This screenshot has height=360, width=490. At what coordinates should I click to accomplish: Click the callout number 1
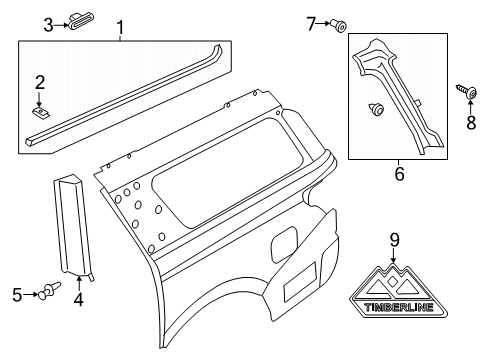click(x=120, y=27)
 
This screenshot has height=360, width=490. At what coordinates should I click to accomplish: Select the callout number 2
click(x=40, y=82)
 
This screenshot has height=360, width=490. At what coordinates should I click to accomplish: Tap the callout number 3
click(x=49, y=25)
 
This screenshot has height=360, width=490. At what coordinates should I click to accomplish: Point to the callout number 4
click(x=79, y=300)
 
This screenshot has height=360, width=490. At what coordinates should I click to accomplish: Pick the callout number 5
click(x=17, y=295)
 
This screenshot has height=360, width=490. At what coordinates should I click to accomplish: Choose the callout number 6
click(x=399, y=174)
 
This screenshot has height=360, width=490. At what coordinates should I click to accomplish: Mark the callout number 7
click(x=311, y=24)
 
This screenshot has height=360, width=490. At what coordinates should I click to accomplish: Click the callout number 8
click(x=471, y=123)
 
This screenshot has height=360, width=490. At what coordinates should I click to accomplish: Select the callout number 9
click(x=394, y=240)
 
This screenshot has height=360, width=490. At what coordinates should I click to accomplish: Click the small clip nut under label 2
click(x=41, y=112)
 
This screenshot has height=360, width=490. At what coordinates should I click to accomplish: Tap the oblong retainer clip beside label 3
click(x=81, y=21)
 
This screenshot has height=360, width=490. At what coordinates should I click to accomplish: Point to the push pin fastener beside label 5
click(x=50, y=290)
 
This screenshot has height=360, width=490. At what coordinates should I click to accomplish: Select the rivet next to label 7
click(x=339, y=25)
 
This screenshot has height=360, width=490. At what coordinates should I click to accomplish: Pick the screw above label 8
click(x=466, y=91)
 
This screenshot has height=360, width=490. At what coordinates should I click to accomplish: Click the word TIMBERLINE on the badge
click(x=399, y=307)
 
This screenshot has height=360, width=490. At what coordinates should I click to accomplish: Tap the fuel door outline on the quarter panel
click(x=283, y=244)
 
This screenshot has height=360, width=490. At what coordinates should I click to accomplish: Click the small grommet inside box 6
click(x=376, y=109)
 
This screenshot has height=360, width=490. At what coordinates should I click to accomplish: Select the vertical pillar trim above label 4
click(x=73, y=225)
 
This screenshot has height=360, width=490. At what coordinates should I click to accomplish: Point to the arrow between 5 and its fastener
click(x=31, y=294)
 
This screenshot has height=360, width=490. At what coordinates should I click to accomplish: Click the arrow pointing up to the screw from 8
click(x=471, y=107)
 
